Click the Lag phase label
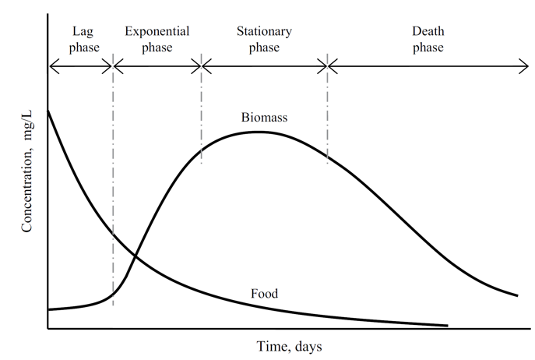(81, 40)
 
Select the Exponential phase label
(157, 40)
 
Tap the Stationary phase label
(265, 40)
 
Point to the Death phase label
(428, 40)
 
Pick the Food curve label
(265, 294)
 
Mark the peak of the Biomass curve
(257, 131)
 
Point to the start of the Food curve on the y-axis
(48, 111)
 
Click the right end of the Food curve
(448, 325)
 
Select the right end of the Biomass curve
(518, 295)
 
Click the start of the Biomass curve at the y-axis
(48, 309)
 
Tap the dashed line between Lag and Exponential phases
(114, 179)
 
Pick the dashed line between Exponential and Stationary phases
(202, 109)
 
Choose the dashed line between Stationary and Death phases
(328, 109)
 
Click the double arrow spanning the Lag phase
(81, 69)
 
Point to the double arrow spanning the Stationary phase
(265, 69)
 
